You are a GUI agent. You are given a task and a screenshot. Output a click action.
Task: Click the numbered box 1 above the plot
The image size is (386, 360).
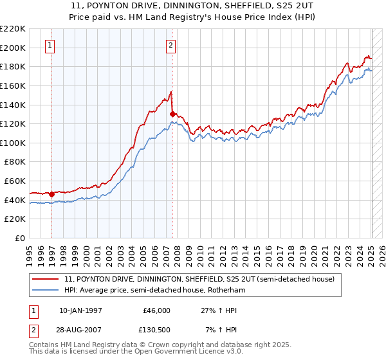[x=50, y=45]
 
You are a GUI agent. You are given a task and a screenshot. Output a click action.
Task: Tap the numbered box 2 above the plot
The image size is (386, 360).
[x=170, y=45]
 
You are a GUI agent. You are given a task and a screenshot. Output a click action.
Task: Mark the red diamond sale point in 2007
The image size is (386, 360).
[x=173, y=114]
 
